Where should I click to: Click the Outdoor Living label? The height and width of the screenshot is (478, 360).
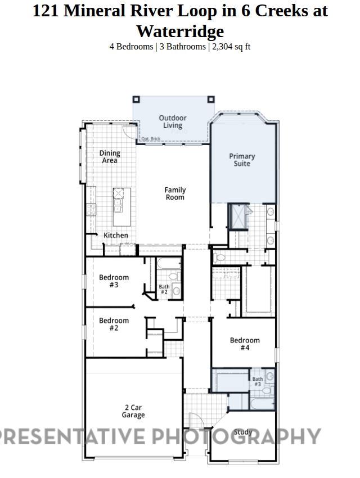pos(172,121)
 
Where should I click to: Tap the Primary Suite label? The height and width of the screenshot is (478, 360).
pos(242,160)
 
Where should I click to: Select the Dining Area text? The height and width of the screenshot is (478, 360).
pos(110,156)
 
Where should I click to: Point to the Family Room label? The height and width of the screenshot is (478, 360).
pos(175,193)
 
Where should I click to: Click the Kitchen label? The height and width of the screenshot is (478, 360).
pos(115,235)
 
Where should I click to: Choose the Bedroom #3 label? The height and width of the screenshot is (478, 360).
pos(114,281)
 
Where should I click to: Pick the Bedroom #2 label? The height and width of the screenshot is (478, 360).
pos(114,324)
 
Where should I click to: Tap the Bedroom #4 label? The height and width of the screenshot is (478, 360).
pos(245,344)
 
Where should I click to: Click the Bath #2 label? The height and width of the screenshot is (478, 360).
pos(164,289)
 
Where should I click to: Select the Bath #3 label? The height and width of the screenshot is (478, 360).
pos(257,381)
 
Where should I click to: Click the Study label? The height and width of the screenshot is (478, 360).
pos(243,432)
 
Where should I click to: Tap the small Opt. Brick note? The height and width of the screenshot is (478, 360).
pos(150,139)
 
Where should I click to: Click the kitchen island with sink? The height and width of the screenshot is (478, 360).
pos(121,202)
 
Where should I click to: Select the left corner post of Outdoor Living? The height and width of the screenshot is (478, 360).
pos(136,100)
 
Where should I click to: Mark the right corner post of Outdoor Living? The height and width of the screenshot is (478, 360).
pos(211,100)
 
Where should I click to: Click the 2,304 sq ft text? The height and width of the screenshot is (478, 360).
pos(231,47)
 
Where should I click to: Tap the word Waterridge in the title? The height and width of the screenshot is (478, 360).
pos(179,31)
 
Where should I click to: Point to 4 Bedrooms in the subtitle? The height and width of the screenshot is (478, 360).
pos(131,47)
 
